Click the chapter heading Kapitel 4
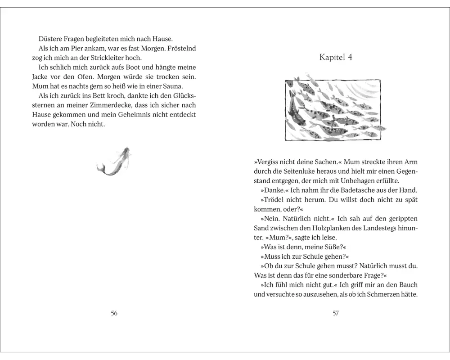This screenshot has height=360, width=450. click(335, 57)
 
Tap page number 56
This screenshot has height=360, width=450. click(114, 313)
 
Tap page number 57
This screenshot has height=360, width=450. click(335, 313)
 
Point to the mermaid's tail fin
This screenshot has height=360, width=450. click(100, 168)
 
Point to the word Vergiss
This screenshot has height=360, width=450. click(270, 162)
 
